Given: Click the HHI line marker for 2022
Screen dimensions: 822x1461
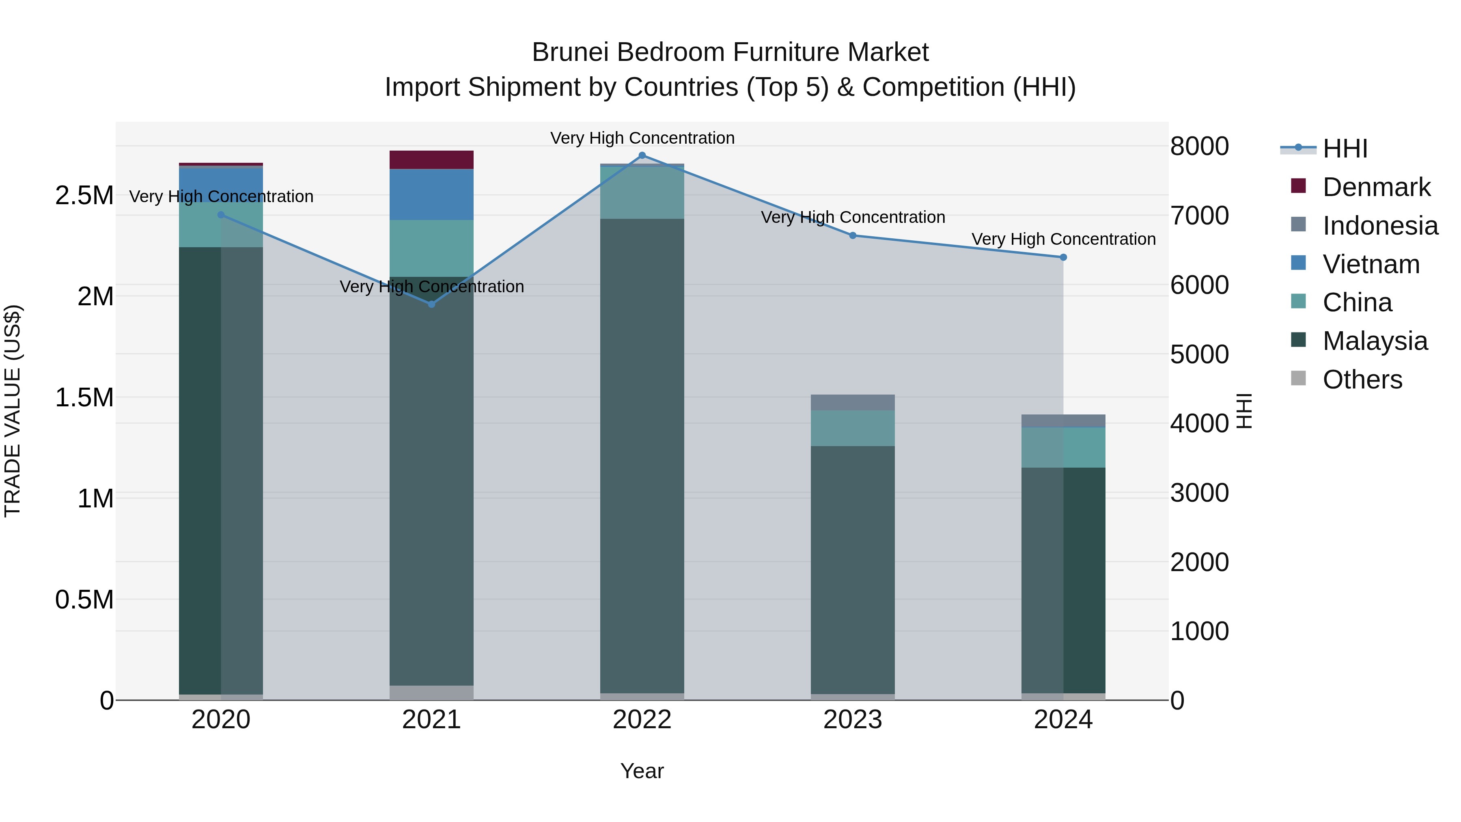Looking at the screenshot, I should [x=642, y=155].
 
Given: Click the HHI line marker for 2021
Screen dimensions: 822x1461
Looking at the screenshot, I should [x=432, y=304].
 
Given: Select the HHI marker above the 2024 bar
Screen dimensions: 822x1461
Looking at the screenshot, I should [x=1063, y=257].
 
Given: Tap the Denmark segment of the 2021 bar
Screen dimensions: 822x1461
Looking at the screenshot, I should [x=432, y=160].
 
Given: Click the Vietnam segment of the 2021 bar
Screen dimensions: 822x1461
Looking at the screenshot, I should [x=432, y=194].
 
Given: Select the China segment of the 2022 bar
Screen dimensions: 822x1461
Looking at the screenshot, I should [x=642, y=192].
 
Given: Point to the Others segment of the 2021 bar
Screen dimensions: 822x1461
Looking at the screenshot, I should [x=432, y=693].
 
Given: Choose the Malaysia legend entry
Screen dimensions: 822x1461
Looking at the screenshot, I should [x=1375, y=341].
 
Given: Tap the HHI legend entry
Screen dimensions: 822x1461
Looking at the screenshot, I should [x=1345, y=149].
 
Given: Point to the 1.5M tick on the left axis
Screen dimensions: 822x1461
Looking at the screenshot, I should [x=84, y=398].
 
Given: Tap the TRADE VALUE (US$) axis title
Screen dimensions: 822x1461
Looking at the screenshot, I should [x=13, y=411].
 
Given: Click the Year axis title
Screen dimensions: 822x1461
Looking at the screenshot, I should [x=642, y=771].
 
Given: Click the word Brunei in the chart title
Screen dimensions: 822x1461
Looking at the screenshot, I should [x=571, y=52].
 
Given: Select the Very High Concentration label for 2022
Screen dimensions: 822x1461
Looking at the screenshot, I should [x=642, y=138].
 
